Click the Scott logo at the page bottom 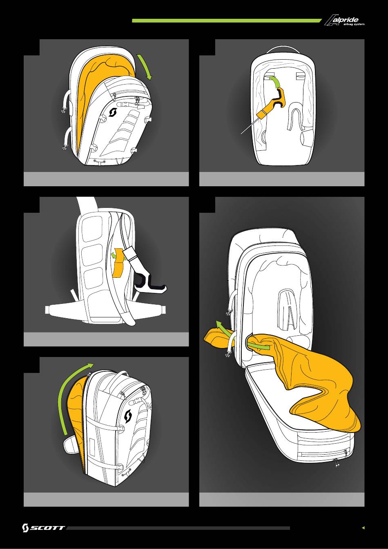coord(43,528)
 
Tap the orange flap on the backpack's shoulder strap coord(118,262)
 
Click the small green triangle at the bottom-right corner coord(363,528)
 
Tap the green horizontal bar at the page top coord(227,21)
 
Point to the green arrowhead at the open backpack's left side coord(218,324)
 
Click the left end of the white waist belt coord(47,310)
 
